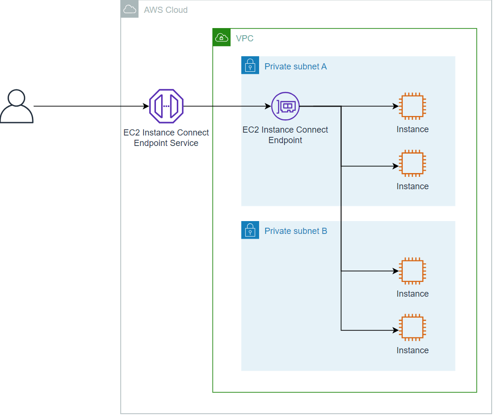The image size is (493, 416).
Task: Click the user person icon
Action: (17, 106)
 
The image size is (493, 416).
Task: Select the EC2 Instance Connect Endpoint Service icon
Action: (166, 106)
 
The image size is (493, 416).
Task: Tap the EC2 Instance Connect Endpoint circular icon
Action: (285, 106)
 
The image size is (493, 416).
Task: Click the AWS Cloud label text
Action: (165, 10)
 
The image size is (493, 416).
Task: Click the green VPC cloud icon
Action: (222, 38)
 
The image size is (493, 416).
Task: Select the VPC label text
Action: (244, 38)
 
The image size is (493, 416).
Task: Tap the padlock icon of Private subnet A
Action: (250, 66)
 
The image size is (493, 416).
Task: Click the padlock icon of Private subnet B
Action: (250, 230)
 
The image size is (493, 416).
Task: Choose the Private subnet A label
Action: (295, 67)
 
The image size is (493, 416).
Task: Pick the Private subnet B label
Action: (295, 231)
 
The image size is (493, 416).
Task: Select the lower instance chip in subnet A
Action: (412, 164)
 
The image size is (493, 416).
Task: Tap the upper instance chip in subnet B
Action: (412, 271)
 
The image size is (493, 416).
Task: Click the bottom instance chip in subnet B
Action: (412, 328)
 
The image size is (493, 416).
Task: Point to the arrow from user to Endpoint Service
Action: (90, 106)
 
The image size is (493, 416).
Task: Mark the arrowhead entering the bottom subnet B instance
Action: (396, 330)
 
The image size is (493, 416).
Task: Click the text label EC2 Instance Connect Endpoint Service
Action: (166, 138)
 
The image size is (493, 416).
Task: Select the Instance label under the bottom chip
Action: (412, 350)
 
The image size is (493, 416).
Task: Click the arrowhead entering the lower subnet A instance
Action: (396, 166)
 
